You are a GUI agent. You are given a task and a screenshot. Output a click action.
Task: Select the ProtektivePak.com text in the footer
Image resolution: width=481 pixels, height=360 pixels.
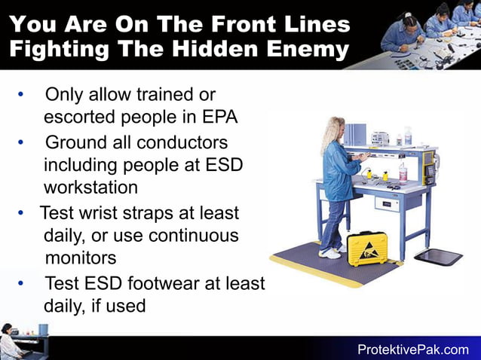click(x=412, y=349)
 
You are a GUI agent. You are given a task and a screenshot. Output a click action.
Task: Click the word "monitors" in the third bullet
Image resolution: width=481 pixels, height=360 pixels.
click(x=81, y=258)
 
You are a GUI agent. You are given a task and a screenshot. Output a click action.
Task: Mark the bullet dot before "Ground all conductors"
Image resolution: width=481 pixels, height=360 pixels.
click(x=21, y=142)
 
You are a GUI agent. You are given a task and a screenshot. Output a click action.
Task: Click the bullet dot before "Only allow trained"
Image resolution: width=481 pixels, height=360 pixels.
click(x=21, y=95)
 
